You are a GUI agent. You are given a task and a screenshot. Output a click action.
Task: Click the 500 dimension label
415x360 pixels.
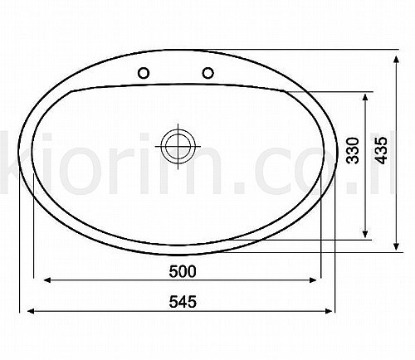pyautogui.click(x=183, y=271)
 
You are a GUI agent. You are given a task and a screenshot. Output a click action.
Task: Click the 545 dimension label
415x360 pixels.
pyautogui.click(x=183, y=301)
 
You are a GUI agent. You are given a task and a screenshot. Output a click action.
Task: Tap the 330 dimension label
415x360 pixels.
pyautogui.click(x=353, y=150)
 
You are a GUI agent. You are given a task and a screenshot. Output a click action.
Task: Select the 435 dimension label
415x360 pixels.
pyautogui.click(x=381, y=150)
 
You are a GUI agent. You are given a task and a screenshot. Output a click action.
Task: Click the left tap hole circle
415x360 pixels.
pyautogui.click(x=144, y=73)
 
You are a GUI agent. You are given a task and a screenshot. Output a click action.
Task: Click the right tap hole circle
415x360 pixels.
pyautogui.click(x=207, y=73)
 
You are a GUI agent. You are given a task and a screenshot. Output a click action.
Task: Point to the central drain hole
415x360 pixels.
pyautogui.click(x=178, y=146)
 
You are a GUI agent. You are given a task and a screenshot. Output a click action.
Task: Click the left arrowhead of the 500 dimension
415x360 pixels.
pyautogui.click(x=47, y=280)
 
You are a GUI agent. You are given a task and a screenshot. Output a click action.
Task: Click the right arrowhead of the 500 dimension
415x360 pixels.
pyautogui.click(x=313, y=280)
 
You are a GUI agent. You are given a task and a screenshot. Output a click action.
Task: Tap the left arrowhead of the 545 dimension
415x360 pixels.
pyautogui.click(x=31, y=311)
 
